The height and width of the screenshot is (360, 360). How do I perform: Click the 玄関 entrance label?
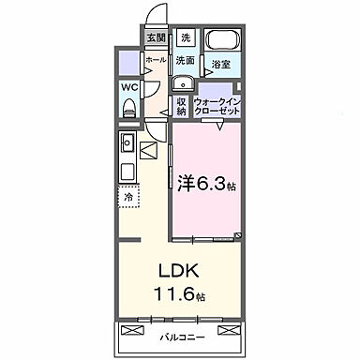pos(156,38)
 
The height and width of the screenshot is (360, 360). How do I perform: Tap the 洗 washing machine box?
pos(186,38)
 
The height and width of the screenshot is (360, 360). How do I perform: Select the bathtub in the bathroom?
pos(222,42)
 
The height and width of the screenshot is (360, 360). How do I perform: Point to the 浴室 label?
pos(220,66)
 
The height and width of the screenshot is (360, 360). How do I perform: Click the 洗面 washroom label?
pos(185,59)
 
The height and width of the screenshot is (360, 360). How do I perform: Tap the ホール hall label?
pos(156,60)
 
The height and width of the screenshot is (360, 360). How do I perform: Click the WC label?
pos(129,89)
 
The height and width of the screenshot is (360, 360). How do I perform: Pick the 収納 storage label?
pos(181,106)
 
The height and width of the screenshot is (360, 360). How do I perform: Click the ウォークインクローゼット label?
pos(217,106)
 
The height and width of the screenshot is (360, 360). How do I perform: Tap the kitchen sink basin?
pos(127,144)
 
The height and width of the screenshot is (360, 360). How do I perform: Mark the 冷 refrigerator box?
pos(128,198)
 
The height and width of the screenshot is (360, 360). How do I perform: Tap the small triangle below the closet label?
pos(217,125)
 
